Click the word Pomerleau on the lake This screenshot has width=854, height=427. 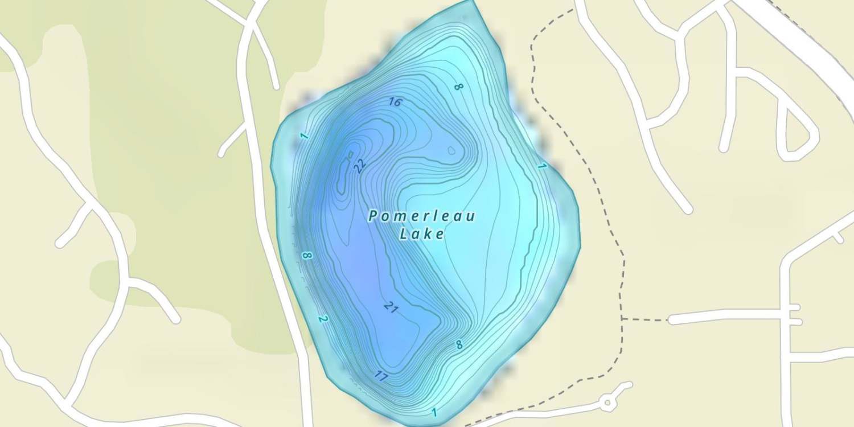[422, 216]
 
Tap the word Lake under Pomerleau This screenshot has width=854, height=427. [422, 233]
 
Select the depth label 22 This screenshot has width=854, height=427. [359, 166]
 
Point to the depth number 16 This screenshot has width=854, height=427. [395, 102]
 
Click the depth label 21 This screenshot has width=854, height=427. [391, 307]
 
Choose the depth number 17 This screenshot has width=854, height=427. [381, 376]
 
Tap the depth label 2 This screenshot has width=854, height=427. [323, 319]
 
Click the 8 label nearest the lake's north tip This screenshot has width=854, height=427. [458, 87]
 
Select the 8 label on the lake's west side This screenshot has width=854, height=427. [307, 256]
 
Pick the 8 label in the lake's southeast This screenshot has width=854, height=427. [459, 345]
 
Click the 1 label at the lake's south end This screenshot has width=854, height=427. [434, 412]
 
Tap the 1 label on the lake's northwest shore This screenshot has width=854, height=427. [304, 136]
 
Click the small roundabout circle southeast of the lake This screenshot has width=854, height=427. [607, 403]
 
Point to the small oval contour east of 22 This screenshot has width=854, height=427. [451, 151]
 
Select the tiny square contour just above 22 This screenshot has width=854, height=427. [351, 154]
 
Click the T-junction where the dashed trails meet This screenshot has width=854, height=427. [623, 319]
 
